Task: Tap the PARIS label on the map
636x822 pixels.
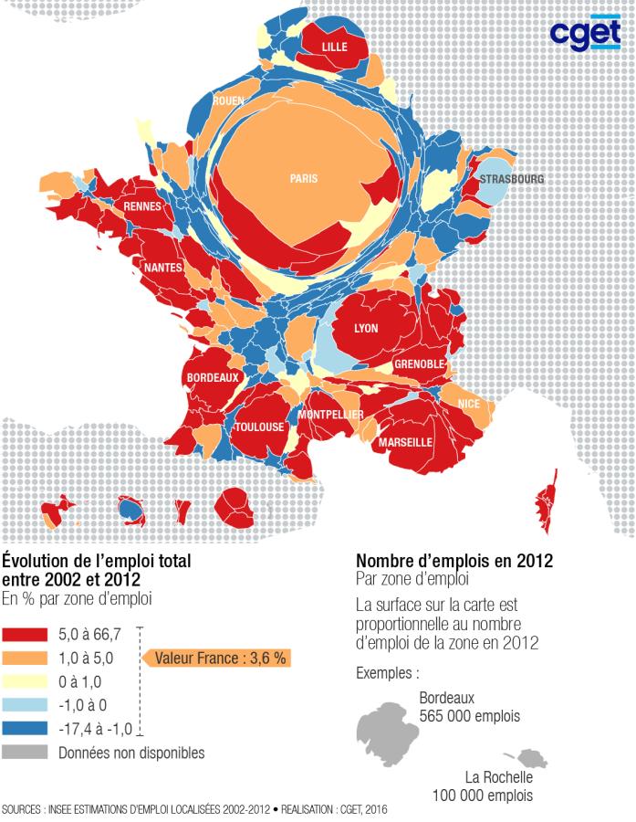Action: (304, 179)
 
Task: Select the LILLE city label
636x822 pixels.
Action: (335, 47)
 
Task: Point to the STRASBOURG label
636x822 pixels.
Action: (512, 179)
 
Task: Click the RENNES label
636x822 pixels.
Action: (142, 206)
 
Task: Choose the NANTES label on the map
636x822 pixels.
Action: (163, 268)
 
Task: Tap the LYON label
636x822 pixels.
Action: (365, 328)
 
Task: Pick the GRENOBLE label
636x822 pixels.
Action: (419, 364)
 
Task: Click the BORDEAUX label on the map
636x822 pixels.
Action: (213, 376)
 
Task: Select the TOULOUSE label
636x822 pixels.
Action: (259, 427)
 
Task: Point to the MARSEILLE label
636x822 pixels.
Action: (404, 441)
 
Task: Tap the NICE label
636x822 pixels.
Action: (468, 404)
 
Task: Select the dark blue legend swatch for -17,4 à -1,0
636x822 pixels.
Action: (26, 728)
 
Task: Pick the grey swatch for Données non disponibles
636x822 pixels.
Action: (26, 753)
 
